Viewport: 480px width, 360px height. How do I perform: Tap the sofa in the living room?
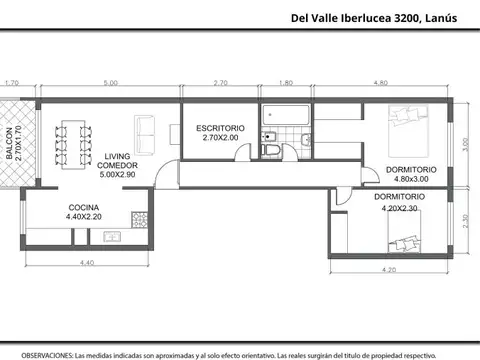144,130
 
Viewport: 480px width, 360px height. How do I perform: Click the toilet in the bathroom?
270,149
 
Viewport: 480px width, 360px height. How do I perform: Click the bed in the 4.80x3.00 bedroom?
406,127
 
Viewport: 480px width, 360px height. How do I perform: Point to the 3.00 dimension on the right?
466,143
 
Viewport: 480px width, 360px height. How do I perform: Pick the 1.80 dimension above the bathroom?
286,84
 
